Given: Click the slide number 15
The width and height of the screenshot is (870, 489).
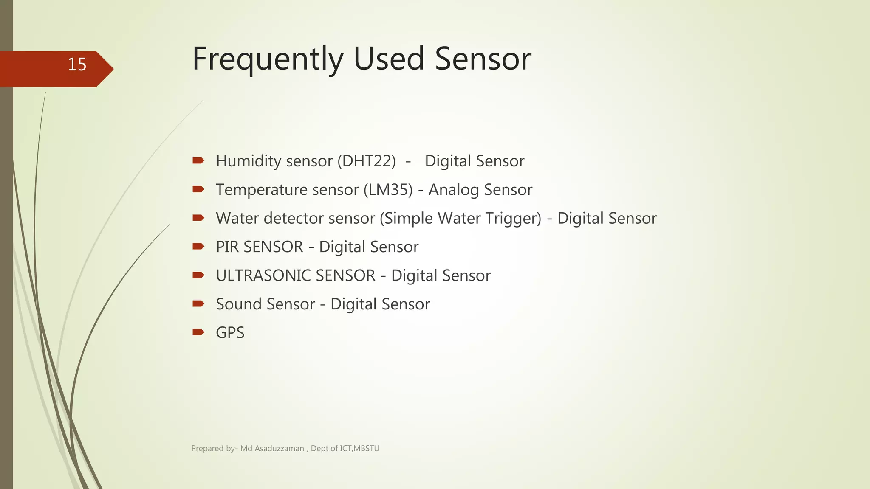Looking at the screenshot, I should [x=77, y=65].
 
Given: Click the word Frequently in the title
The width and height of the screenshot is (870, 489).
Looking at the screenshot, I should [x=268, y=59].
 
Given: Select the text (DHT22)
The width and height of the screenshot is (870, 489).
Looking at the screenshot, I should [x=367, y=161].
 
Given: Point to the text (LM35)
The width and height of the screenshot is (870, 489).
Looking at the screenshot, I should [x=388, y=190].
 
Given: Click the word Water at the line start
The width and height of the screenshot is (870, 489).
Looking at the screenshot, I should [x=237, y=218].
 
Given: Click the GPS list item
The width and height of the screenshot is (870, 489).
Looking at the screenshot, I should [x=230, y=333].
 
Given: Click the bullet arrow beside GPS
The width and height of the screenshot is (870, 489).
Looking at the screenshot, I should [x=198, y=332].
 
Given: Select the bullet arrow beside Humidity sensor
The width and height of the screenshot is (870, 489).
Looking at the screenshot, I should [x=198, y=160].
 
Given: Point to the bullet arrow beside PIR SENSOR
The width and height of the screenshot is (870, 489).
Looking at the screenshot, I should [x=198, y=247].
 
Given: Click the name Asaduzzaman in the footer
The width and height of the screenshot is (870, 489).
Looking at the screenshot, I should [x=279, y=449].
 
